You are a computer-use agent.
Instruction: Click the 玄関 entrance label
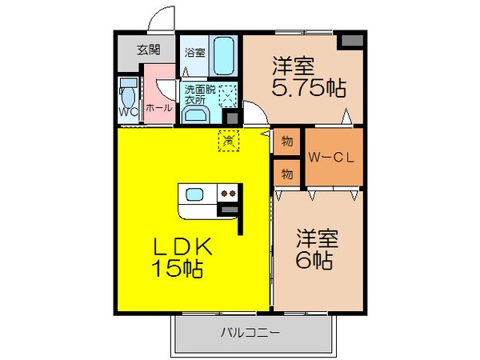pyautogui.click(x=147, y=50)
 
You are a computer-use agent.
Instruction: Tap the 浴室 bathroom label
pyautogui.click(x=195, y=53)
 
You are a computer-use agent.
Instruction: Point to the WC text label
pyautogui.click(x=128, y=112)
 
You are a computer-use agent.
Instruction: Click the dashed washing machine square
pyautogui.click(x=227, y=96)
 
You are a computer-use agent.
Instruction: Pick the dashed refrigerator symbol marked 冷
pyautogui.click(x=229, y=141)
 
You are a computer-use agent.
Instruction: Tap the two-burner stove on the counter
pyautogui.click(x=228, y=193)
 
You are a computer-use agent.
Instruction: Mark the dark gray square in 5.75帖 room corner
pyautogui.click(x=350, y=41)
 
